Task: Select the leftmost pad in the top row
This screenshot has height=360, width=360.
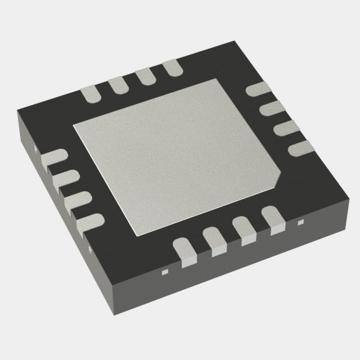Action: point(92,94)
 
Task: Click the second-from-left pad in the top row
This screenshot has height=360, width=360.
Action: point(119,84)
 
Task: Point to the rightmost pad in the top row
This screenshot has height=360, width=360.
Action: point(172,69)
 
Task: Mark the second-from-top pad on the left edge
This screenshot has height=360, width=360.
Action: point(66,179)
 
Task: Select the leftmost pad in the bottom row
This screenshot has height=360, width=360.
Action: point(186,251)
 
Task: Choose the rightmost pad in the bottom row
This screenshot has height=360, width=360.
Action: point(274,220)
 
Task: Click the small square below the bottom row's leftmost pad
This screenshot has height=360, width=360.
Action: point(165,272)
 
